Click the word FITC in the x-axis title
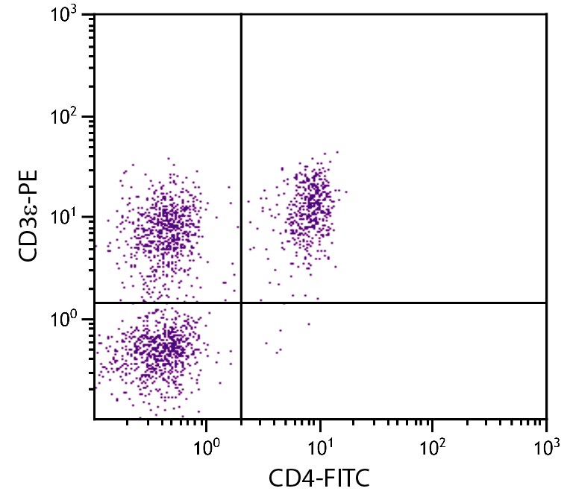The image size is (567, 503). coord(344,477)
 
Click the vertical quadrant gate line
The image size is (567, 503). coord(241,149)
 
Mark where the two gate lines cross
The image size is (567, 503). coord(241,303)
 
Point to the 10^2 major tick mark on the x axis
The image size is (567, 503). coord(433,423)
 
